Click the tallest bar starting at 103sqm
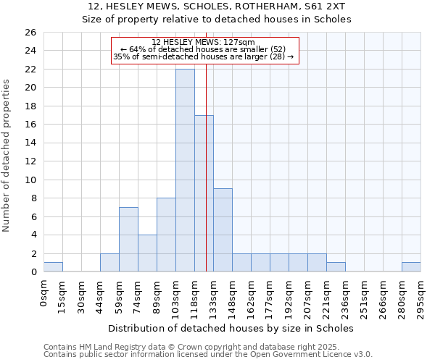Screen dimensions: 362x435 click(185, 170)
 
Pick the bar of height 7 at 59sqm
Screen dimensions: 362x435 click(128, 240)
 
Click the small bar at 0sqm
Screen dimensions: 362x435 click(53, 267)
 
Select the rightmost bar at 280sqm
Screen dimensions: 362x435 click(411, 267)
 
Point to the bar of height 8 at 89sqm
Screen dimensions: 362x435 click(166, 235)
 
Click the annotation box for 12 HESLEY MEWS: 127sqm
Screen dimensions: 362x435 click(204, 50)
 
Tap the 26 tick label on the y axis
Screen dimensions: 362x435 click(30, 33)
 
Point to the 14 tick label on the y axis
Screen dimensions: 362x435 click(30, 143)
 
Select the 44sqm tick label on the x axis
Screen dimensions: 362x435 click(100, 293)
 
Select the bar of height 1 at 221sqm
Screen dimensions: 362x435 click(336, 267)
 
